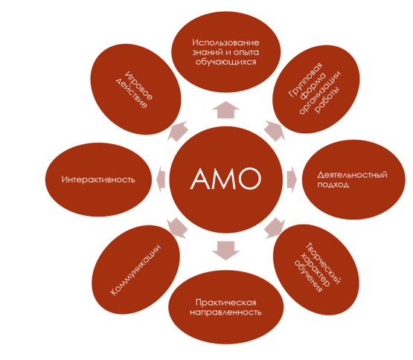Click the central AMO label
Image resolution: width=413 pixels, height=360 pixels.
pos(225,179)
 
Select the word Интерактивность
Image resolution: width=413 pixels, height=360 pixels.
pos(98,179)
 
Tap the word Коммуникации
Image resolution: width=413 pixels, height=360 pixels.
pos(135,270)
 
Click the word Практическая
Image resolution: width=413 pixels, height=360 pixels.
pos(226,302)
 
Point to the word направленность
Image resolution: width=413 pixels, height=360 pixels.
pos(225,312)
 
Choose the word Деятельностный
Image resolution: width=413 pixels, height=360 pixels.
pos(353,175)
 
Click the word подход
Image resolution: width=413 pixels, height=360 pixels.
pos(333,184)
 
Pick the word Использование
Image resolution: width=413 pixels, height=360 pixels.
pos(225,42)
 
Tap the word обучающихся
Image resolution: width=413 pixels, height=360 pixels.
pos(225,62)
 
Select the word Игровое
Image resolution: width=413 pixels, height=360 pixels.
pos(139,86)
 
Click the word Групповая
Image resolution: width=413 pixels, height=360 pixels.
pos(306,80)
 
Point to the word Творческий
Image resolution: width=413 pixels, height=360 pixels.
pos(323,263)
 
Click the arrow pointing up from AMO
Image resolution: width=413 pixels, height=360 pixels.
pos(225,110)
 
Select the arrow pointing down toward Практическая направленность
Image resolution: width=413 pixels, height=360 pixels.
pos(225,251)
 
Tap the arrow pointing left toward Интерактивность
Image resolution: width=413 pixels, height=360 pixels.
pos(161,179)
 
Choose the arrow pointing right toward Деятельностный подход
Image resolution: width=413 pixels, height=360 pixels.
pos(292,179)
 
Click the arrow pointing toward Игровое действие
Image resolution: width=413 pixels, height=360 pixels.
pos(178,131)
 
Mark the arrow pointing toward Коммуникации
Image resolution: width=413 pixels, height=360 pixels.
pos(178,228)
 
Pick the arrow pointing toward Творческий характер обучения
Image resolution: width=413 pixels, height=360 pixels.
pos(275,228)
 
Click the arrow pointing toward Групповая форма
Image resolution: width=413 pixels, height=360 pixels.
pos(275,131)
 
